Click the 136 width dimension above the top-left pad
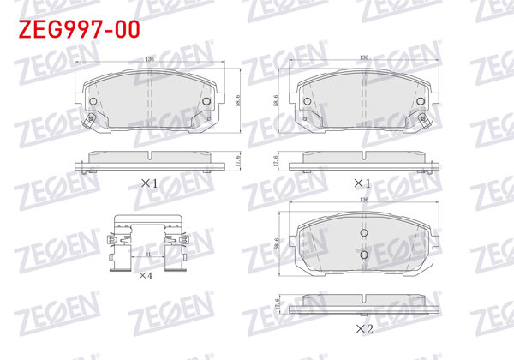tap(151, 58)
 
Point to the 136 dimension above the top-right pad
tap(365, 58)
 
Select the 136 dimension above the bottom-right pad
tap(365, 199)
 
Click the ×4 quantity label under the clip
tap(146, 276)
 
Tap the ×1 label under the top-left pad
tap(150, 183)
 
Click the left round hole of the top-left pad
tap(93, 100)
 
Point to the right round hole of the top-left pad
tap(206, 100)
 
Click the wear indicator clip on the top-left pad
tap(89, 118)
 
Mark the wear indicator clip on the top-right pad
tap(421, 118)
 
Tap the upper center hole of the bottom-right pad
tap(363, 234)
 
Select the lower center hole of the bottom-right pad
tap(363, 255)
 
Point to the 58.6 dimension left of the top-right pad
tap(277, 99)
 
